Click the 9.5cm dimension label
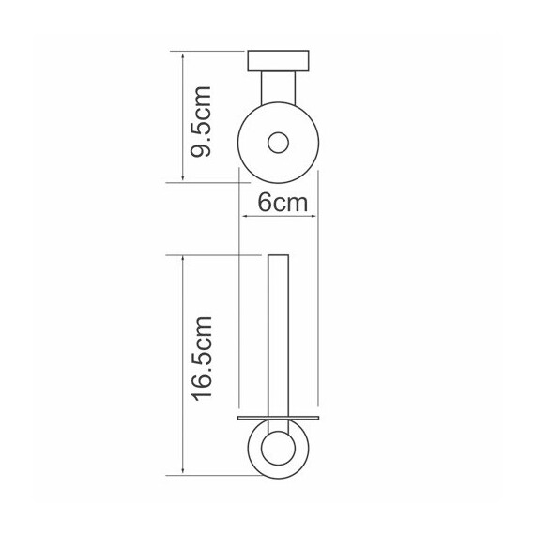click(201, 122)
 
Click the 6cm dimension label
click(283, 203)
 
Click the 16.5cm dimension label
click(202, 359)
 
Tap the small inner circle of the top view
click(278, 143)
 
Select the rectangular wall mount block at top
click(278, 61)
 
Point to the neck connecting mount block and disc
click(278, 87)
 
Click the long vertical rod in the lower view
click(279, 335)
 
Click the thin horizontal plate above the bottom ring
click(279, 418)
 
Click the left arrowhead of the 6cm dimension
click(244, 216)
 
